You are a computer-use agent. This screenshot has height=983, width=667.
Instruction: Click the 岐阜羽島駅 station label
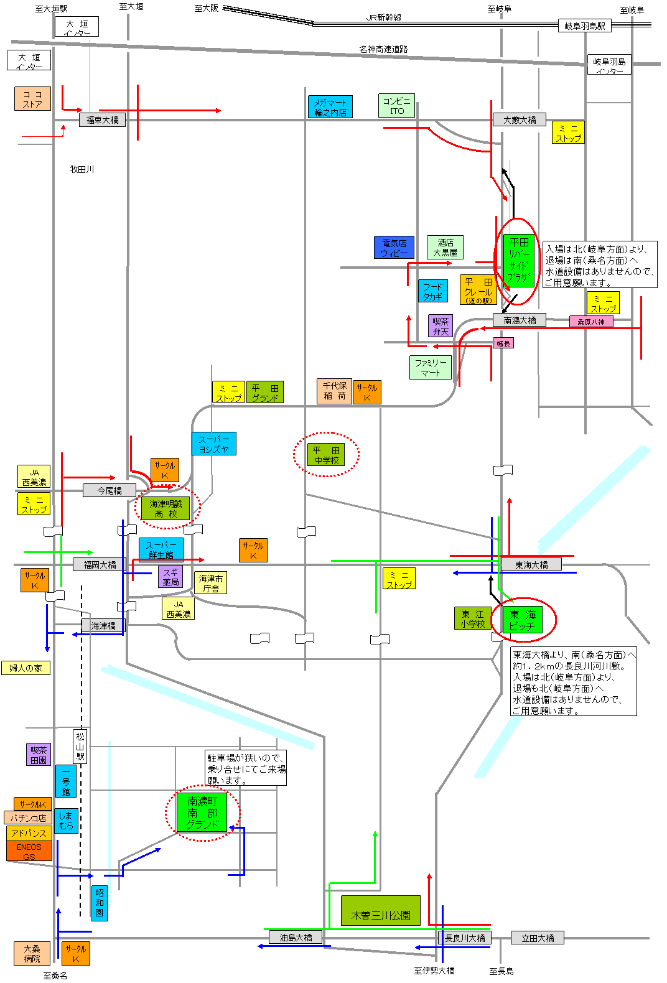584,26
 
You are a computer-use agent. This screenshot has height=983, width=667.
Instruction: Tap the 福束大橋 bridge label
102,120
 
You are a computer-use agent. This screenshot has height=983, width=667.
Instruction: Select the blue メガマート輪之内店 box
330,107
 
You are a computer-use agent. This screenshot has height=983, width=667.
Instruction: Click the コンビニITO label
396,106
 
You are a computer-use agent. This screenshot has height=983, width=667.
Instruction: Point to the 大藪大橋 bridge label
520,119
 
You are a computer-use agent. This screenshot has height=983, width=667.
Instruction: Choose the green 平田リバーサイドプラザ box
518,261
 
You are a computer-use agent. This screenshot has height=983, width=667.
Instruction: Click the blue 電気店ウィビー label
394,248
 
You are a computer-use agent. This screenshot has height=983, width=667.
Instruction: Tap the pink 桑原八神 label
590,322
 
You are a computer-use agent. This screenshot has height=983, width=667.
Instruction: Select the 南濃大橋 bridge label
520,320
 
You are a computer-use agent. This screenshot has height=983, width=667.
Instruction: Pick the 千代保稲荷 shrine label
334,391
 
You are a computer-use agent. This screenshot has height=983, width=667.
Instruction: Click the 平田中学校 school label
326,455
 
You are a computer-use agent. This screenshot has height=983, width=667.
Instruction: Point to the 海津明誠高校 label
166,508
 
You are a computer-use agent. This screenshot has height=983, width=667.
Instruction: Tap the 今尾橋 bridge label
110,490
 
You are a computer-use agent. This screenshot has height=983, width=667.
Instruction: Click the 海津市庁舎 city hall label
210,583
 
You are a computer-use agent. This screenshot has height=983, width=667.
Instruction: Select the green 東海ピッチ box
522,620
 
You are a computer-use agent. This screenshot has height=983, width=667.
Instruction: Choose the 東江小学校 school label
472,618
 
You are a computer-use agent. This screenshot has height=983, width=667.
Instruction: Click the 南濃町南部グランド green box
202,813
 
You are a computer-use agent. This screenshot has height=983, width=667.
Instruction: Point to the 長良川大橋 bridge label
465,938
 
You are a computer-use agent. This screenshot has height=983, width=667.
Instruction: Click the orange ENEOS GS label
29,851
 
